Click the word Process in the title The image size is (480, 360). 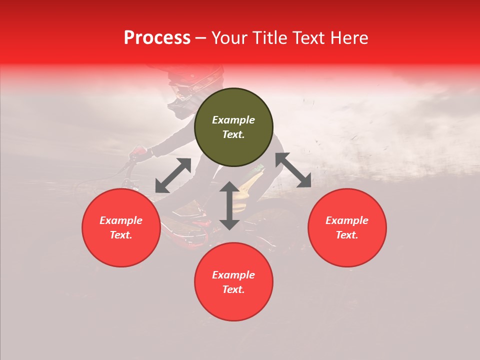point(157,38)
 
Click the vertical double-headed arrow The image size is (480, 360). point(229,205)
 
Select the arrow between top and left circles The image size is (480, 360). point(173,175)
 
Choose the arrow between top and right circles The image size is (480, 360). point(293,170)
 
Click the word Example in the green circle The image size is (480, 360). point(233,120)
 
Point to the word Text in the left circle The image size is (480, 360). point(121,235)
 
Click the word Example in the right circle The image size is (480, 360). point(347,220)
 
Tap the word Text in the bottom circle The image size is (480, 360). point(233,289)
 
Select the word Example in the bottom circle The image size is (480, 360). point(233,275)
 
